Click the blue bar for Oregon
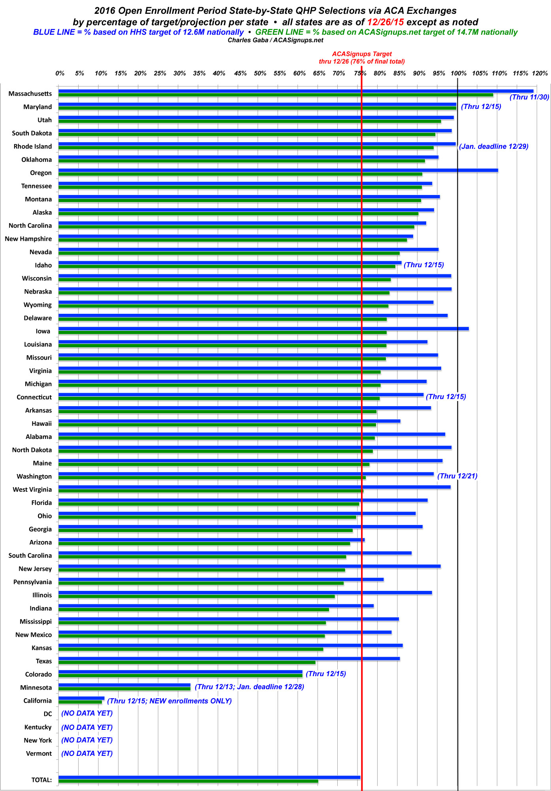coord(278,171)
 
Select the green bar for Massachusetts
coord(276,95)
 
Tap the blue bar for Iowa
coord(263,329)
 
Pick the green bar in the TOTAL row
coord(188,781)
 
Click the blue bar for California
coord(81,698)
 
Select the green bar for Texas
coord(187,662)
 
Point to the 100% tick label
coord(458,73)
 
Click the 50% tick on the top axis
coord(260,73)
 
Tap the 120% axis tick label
coord(540,73)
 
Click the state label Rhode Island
coord(33,146)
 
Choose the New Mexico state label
coord(34,635)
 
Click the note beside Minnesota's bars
coord(249,687)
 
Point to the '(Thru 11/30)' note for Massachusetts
coord(529,97)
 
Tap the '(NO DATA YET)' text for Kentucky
coord(87,727)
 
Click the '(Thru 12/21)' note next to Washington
coord(457,476)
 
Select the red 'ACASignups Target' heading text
coord(362,54)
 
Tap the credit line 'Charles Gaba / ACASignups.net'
coord(275,40)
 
